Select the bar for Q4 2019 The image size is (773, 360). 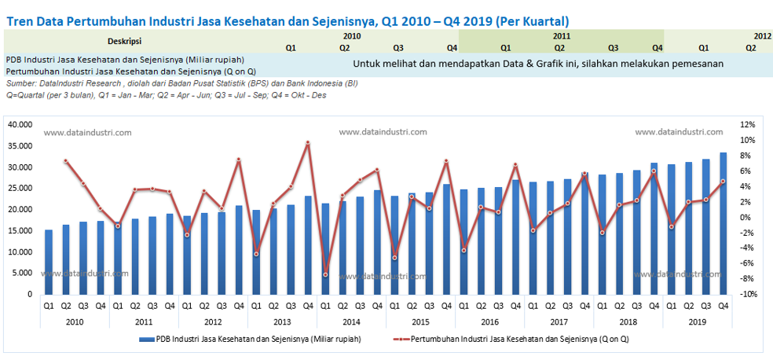723,224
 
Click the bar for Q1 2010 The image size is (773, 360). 49,263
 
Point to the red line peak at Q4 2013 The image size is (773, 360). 308,142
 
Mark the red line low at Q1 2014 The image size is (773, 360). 325,274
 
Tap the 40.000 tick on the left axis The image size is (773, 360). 20,124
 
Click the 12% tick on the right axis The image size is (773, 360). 747,124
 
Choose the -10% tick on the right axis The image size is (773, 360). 747,294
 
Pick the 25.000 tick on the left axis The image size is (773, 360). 20,188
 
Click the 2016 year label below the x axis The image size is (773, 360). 489,321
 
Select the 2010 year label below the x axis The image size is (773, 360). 75,321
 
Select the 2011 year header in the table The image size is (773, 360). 561,36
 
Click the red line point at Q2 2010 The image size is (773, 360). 66,161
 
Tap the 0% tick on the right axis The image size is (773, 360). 747,218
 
